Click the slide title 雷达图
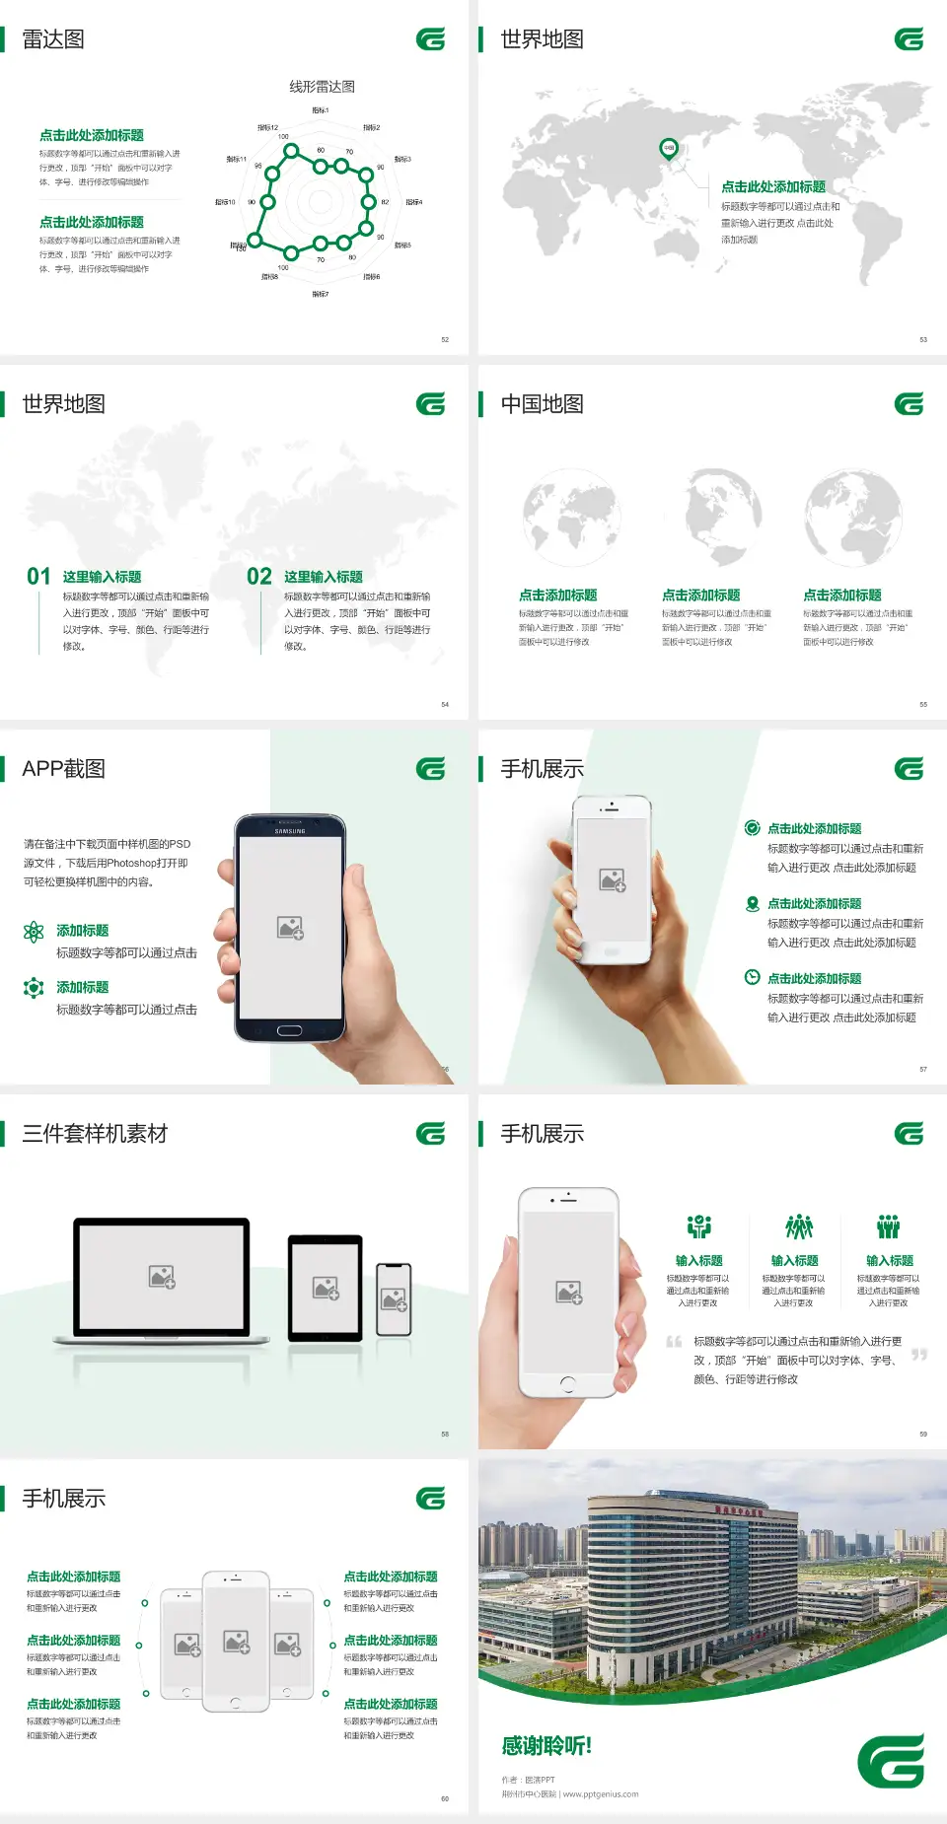53,39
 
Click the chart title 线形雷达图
322,87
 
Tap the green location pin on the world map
669,149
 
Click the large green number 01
38,577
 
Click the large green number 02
259,577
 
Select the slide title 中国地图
542,404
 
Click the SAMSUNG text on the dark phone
290,831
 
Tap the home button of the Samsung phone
289,1030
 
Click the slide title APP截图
63,769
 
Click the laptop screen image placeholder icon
162,1277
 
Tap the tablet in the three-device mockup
326,1287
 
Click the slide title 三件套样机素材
95,1134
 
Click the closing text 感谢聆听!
546,1746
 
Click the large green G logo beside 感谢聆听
891,1761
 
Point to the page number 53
923,339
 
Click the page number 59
923,1434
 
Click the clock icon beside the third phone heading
752,977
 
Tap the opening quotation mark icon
674,1342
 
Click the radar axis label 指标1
321,110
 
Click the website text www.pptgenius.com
601,1794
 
